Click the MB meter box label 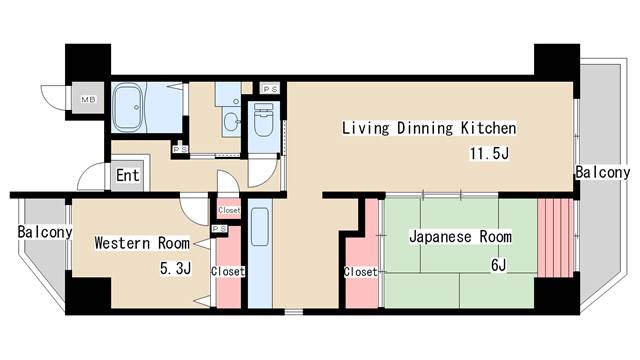coord(88,99)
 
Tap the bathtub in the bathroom coord(127,107)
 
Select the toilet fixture coord(263,119)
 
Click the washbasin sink coord(231,121)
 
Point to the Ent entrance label coord(128,176)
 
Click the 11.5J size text coord(489,154)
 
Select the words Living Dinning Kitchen coord(429,128)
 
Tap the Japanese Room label coord(460,237)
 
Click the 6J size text coord(498,265)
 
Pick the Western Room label coord(142,243)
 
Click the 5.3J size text coord(176,269)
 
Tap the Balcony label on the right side coord(603,172)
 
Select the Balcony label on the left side coord(45,232)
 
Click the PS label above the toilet coord(270,89)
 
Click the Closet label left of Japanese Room coord(360,272)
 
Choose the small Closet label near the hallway coord(229,210)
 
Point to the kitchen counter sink coord(260,227)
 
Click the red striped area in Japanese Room coord(556,238)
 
